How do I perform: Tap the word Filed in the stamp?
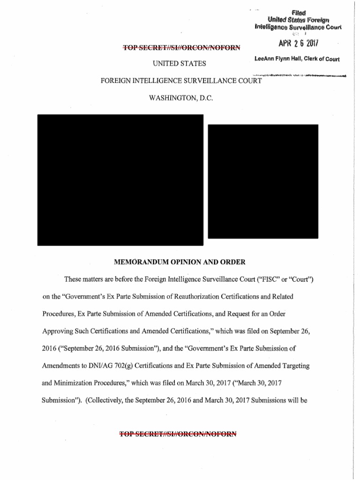[x=297, y=13]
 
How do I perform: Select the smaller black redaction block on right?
[x=263, y=181]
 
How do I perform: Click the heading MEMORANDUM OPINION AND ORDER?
[x=180, y=261]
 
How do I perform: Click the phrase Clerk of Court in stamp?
[x=321, y=59]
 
